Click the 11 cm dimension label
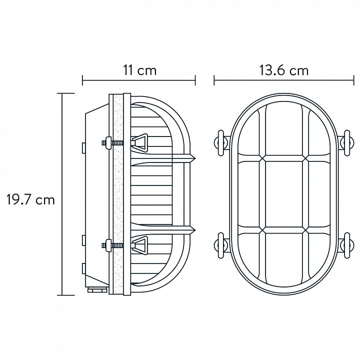[140, 70]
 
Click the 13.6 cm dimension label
[284, 70]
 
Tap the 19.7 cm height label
[30, 199]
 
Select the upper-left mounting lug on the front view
[221, 143]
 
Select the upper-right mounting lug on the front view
[346, 143]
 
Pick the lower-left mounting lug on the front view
[221, 245]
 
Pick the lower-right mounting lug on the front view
[346, 245]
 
